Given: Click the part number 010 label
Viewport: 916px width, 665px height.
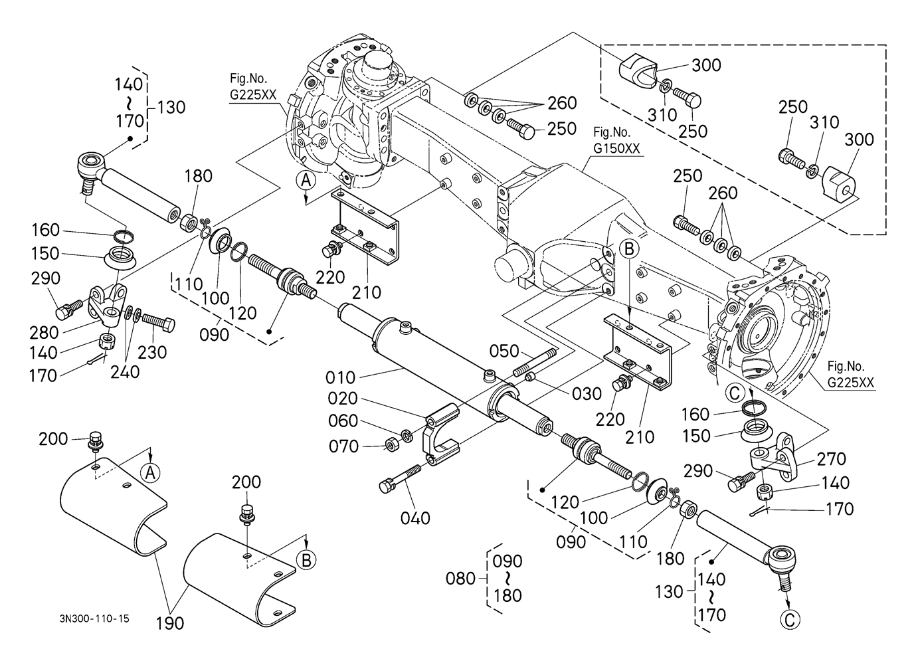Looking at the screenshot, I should pyautogui.click(x=341, y=377).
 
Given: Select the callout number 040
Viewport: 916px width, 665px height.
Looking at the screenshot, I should pyautogui.click(x=415, y=518).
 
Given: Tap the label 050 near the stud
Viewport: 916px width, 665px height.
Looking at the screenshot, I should pyautogui.click(x=505, y=351).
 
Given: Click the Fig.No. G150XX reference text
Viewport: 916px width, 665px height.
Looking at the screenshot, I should pyautogui.click(x=616, y=142).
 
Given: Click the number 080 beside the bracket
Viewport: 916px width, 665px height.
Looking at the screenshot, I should pyautogui.click(x=460, y=578).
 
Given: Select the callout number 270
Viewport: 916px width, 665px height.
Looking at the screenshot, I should pyautogui.click(x=832, y=458).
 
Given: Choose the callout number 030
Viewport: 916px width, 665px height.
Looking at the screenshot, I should pyautogui.click(x=587, y=393).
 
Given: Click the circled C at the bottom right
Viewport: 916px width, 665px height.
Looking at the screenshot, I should pyautogui.click(x=790, y=619).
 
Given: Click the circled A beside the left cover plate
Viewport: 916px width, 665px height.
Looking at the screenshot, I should pyautogui.click(x=151, y=472).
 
